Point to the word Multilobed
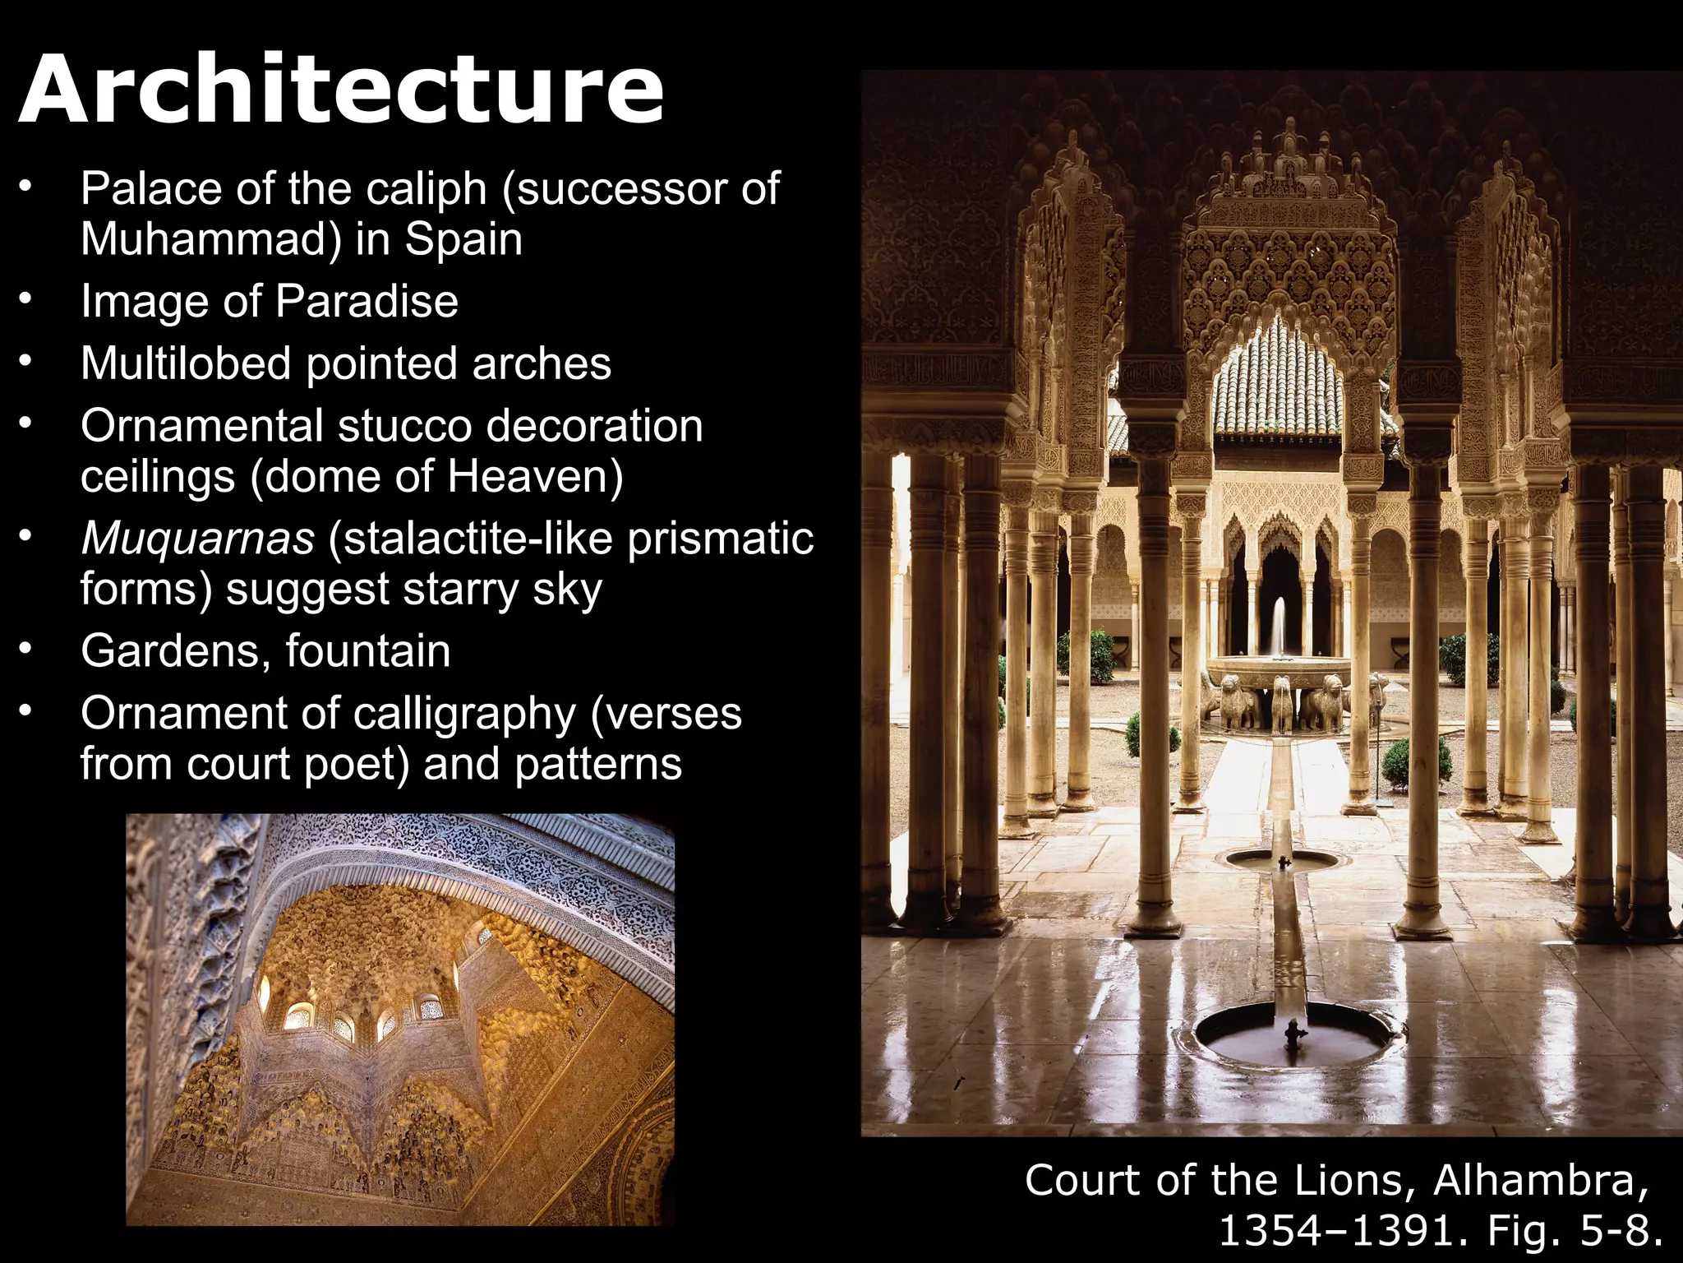click(186, 363)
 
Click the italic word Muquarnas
click(198, 539)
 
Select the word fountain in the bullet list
click(368, 651)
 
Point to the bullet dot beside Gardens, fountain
click(27, 650)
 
